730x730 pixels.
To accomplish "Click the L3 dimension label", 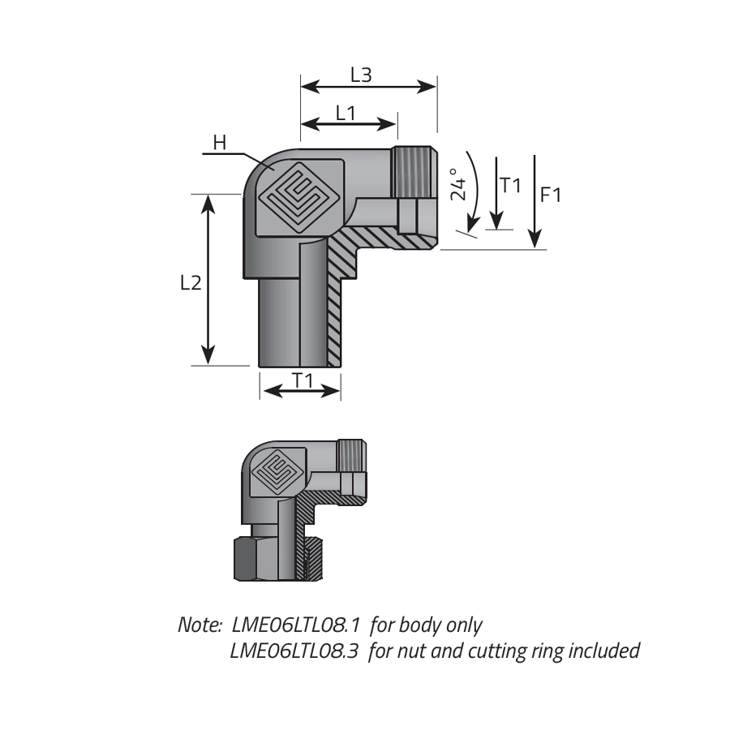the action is [361, 75].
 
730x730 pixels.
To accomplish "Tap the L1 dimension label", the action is [346, 113].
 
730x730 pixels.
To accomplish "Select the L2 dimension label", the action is [191, 282].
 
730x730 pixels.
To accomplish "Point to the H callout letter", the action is [219, 143].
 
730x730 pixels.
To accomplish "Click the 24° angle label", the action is [458, 185].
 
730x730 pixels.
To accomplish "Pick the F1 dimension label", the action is [551, 195].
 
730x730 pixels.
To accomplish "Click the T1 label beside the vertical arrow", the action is [510, 185].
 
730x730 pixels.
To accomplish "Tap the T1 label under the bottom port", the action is [303, 381].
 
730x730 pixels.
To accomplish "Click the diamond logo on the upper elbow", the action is [298, 197].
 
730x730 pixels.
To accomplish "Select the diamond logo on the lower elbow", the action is [277, 470].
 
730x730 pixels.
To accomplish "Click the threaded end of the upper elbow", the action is [414, 172].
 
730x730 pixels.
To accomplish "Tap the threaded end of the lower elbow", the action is [351, 456].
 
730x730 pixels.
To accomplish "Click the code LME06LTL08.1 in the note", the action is [295, 625].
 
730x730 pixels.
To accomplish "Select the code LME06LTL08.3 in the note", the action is [294, 651].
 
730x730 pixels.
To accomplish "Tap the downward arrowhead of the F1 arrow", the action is [535, 239].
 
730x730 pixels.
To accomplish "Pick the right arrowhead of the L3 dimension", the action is [427, 87].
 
